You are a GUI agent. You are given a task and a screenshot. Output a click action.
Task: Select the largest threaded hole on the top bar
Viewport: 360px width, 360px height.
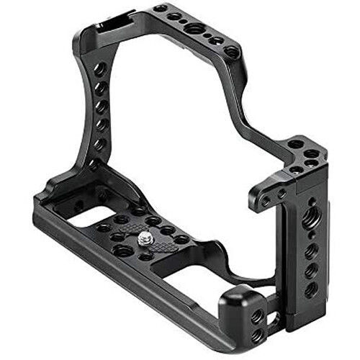193,29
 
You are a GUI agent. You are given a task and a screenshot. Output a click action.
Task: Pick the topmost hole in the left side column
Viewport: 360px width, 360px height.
101,70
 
